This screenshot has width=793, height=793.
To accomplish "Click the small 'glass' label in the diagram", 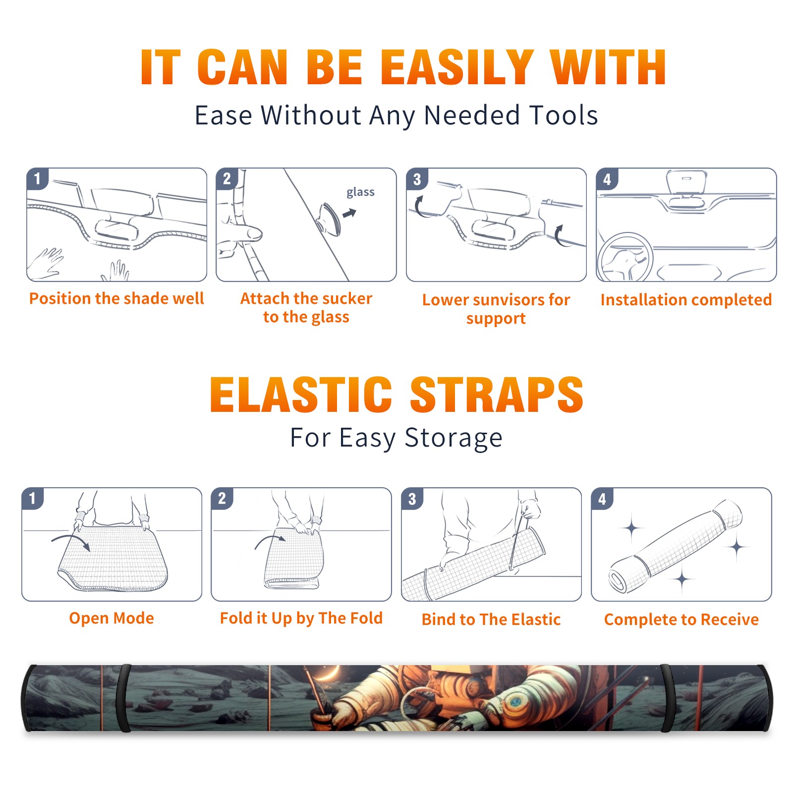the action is pos(360,192).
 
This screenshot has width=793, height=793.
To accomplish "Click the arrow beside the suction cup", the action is pos(349,213).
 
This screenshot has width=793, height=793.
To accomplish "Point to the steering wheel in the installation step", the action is pos(625,257).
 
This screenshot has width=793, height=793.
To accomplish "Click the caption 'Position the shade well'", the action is pos(116,298).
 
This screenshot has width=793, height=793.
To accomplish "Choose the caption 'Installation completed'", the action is pos(686,300).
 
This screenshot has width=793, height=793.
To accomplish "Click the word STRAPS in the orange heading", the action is pos(497,395).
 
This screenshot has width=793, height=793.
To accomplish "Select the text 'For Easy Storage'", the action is pos(396,438).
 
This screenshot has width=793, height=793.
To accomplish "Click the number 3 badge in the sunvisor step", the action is pos(417,179).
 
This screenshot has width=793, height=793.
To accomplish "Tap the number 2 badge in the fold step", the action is pos(222,499).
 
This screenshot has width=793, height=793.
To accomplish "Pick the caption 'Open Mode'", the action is pos(112,618).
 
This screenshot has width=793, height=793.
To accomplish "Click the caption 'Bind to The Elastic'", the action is pos(491,620).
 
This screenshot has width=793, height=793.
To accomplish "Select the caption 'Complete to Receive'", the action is pos(681,620).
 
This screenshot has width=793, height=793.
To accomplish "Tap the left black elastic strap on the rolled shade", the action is pos(123,698).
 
